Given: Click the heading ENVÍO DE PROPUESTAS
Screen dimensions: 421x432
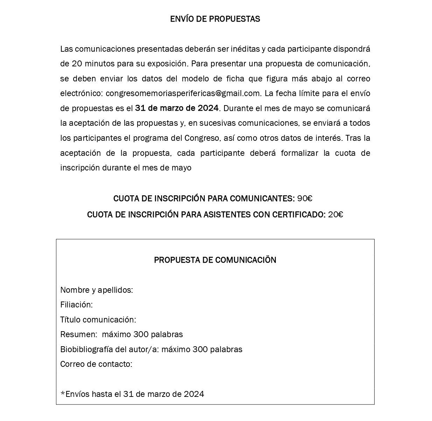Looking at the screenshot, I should [x=215, y=19].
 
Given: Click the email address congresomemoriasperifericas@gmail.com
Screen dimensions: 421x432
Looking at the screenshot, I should [x=183, y=94].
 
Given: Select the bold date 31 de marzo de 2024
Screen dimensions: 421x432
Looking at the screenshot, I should [x=177, y=108].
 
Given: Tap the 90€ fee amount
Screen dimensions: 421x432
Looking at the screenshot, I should [x=305, y=199].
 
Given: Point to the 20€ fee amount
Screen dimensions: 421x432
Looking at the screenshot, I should [x=335, y=215].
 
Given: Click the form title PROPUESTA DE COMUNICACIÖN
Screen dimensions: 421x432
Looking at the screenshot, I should [x=215, y=260].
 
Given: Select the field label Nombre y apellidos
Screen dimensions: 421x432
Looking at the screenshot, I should [x=96, y=290].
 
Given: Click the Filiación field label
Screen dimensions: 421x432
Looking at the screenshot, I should [x=76, y=305].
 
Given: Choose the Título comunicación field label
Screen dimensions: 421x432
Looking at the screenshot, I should [x=98, y=320].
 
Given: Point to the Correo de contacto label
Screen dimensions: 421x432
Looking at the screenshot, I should [x=96, y=364].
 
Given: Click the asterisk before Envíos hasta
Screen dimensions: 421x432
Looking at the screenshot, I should [x=63, y=393].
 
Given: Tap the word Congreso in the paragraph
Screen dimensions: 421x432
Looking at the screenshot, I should [x=202, y=138].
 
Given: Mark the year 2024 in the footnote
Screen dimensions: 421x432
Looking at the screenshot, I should [x=194, y=394].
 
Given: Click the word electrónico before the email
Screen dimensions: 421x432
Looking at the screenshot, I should [x=81, y=94].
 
